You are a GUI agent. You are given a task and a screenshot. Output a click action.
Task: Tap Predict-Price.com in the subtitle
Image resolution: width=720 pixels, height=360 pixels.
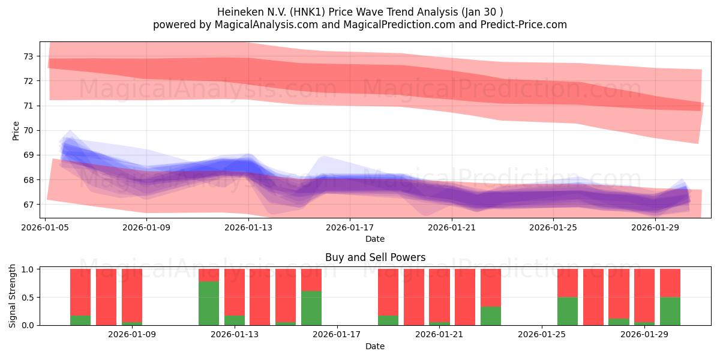click(524, 25)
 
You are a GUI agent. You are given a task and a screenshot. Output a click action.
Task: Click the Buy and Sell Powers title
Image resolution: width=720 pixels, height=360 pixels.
click(375, 257)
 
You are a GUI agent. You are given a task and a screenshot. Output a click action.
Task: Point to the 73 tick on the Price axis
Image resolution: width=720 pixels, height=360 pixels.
click(28, 56)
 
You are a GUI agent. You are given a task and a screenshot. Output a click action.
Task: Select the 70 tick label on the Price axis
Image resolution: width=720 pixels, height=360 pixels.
click(28, 131)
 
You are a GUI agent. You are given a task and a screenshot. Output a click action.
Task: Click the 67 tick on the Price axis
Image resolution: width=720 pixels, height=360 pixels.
click(28, 205)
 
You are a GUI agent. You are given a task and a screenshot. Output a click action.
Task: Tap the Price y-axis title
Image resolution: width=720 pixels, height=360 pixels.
click(16, 131)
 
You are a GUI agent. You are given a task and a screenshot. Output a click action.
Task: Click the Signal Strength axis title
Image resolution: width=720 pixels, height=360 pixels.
click(12, 296)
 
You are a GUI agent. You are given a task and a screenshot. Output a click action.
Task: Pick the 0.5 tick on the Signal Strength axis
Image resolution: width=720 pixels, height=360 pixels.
click(28, 298)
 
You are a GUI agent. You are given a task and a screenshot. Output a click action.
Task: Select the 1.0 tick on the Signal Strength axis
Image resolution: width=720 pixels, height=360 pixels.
click(28, 269)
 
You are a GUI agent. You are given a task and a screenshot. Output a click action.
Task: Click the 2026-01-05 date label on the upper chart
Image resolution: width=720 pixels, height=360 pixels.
click(45, 227)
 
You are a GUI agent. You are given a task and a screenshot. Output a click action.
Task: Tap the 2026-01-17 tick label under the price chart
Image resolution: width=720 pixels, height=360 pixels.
click(350, 227)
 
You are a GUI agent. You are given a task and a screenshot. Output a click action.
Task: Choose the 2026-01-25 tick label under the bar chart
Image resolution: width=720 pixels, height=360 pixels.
click(542, 335)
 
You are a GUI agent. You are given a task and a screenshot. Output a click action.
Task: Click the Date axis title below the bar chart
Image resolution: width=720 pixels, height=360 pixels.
click(375, 346)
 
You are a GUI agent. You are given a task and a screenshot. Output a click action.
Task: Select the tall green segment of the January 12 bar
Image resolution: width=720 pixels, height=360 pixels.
click(209, 304)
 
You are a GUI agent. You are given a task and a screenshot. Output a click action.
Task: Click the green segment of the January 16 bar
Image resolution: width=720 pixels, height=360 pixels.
click(311, 308)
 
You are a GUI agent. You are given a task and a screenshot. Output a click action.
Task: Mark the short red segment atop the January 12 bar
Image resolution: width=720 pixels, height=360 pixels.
click(209, 275)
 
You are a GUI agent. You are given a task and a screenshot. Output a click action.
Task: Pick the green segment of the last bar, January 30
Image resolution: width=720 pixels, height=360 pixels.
click(670, 311)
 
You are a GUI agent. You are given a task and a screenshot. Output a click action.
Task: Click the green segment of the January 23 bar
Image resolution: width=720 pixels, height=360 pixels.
click(491, 316)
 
